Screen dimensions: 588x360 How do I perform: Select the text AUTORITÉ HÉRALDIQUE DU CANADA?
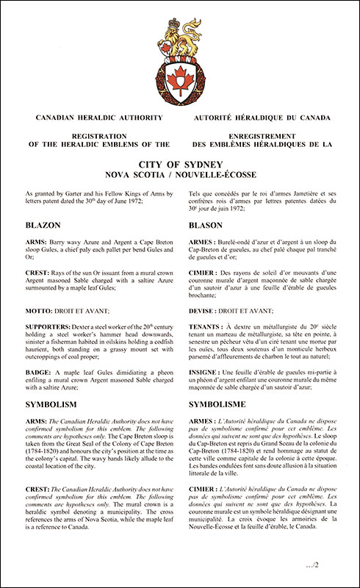262,118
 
